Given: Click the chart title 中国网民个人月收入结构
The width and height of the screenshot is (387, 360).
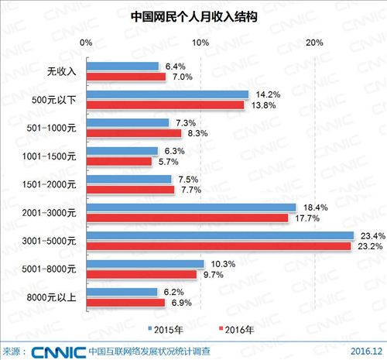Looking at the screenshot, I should pyautogui.click(x=193, y=16).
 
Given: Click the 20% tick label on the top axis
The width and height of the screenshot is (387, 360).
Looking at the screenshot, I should pyautogui.click(x=315, y=42).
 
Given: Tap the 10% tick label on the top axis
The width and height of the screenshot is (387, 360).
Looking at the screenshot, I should pyautogui.click(x=200, y=42).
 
